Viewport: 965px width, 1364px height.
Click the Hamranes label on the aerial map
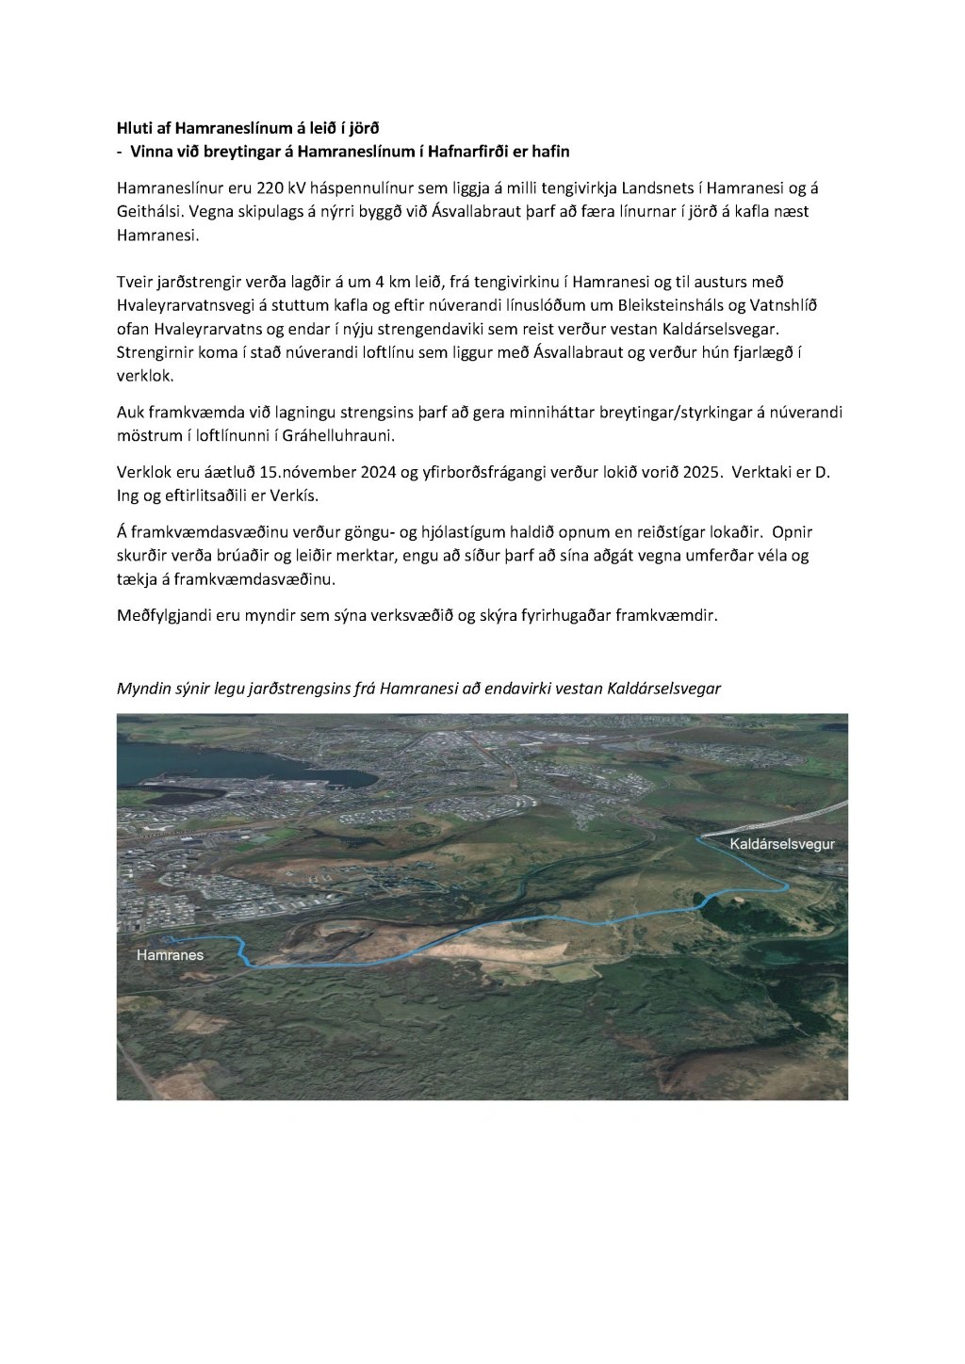coord(170,955)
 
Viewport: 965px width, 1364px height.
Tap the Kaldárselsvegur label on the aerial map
coord(782,844)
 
